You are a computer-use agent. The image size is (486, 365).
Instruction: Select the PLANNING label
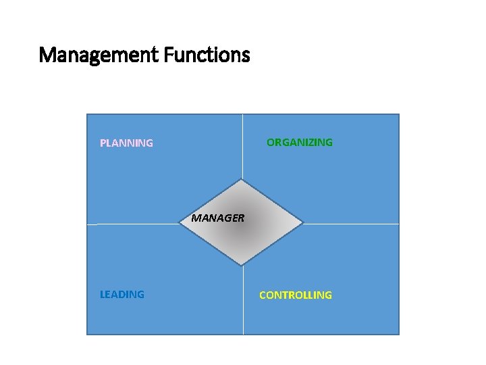(126, 143)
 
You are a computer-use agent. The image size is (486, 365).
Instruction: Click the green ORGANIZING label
(300, 143)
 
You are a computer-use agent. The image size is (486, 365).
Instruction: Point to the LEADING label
(122, 295)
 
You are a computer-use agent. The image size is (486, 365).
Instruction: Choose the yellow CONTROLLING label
(296, 295)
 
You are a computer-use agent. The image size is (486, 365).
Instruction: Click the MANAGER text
(217, 218)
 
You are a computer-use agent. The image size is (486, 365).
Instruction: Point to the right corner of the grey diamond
(303, 222)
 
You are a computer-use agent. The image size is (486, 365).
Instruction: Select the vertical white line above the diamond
(243, 145)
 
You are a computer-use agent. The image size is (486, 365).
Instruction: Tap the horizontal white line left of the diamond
(135, 224)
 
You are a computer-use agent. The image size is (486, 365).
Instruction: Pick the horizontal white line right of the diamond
(351, 224)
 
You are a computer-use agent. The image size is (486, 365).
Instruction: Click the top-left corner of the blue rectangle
(88, 114)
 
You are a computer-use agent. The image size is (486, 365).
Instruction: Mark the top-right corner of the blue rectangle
(398, 114)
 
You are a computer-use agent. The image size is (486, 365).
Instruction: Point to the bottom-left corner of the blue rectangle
(88, 334)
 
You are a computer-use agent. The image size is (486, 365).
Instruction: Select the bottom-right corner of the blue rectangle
(398, 334)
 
